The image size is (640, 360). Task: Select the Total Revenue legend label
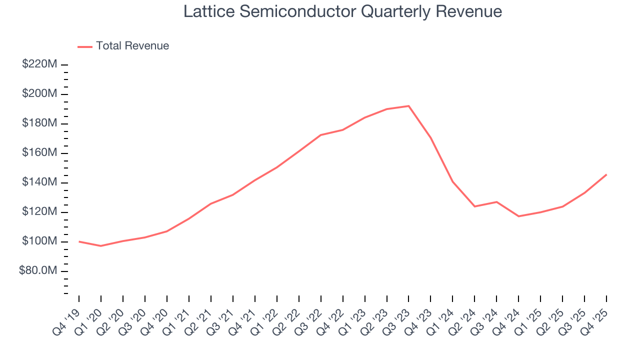pyautogui.click(x=132, y=46)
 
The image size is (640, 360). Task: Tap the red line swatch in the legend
pyautogui.click(x=85, y=46)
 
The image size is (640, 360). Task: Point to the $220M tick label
pyautogui.click(x=39, y=64)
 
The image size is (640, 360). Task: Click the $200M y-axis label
pyautogui.click(x=39, y=94)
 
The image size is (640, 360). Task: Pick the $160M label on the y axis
pyautogui.click(x=39, y=153)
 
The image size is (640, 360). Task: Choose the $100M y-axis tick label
pyautogui.click(x=39, y=241)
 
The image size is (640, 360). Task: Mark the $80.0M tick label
pyautogui.click(x=38, y=271)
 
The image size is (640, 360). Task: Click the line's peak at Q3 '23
pyautogui.click(x=408, y=106)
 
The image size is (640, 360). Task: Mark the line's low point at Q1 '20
pyautogui.click(x=101, y=246)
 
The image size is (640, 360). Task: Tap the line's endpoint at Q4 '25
pyautogui.click(x=606, y=174)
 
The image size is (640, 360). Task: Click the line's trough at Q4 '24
pyautogui.click(x=518, y=216)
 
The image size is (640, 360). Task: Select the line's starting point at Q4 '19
pyautogui.click(x=79, y=241)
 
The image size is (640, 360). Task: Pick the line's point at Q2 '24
pyautogui.click(x=474, y=206)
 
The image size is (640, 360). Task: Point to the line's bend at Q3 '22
pyautogui.click(x=320, y=135)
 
